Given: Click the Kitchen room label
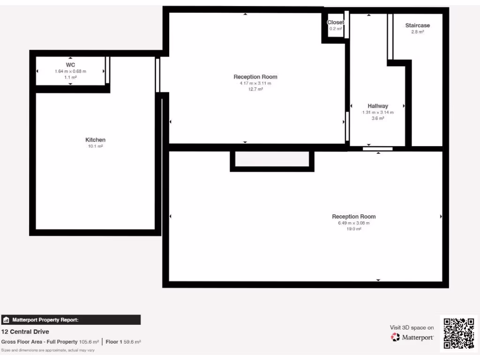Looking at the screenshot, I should [95, 140].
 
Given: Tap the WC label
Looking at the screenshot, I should [70, 65].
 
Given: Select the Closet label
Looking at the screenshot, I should [335, 22].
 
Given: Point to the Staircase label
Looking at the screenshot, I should [417, 25].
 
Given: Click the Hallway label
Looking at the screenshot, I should [377, 106].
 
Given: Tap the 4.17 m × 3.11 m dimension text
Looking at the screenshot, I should [255, 83].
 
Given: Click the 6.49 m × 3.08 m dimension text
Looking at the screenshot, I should [353, 223].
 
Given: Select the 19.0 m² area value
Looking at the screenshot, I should [353, 229].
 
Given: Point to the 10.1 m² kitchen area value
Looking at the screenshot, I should [95, 146].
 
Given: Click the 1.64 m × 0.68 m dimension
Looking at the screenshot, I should [70, 71].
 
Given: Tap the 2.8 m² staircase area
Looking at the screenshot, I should [417, 32].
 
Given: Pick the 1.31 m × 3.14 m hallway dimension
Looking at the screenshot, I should [377, 112].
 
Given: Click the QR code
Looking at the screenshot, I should [458, 333].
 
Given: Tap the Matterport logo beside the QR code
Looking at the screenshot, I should [412, 337].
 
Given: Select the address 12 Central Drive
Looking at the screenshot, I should [25, 332].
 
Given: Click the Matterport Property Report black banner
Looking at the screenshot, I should [70, 320].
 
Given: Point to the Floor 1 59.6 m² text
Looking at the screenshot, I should [123, 342].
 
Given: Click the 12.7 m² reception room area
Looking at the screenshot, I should [255, 89].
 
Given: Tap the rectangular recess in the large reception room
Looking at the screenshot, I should [272, 159].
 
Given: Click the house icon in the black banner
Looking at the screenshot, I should [7, 320].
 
